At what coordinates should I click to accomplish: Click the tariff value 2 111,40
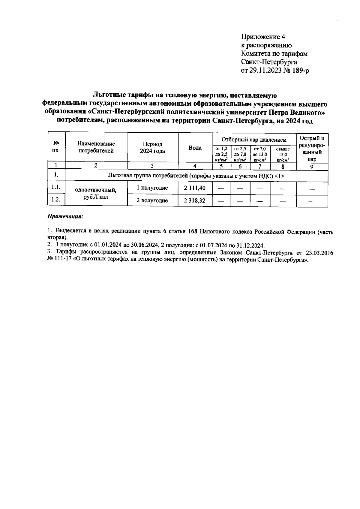(x=195, y=188)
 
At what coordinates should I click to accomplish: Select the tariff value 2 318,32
(x=195, y=200)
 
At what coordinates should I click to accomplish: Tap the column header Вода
(x=195, y=148)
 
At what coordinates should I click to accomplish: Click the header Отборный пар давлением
(x=254, y=140)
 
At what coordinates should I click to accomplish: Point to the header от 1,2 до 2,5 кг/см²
(x=221, y=154)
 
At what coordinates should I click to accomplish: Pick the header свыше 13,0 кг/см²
(x=283, y=154)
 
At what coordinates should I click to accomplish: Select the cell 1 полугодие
(x=152, y=188)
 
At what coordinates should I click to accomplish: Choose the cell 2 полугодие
(x=152, y=200)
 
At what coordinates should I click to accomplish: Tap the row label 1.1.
(x=56, y=187)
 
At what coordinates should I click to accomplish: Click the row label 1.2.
(x=56, y=200)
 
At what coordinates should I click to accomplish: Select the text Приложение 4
(x=263, y=37)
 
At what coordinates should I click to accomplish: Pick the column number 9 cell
(x=312, y=167)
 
